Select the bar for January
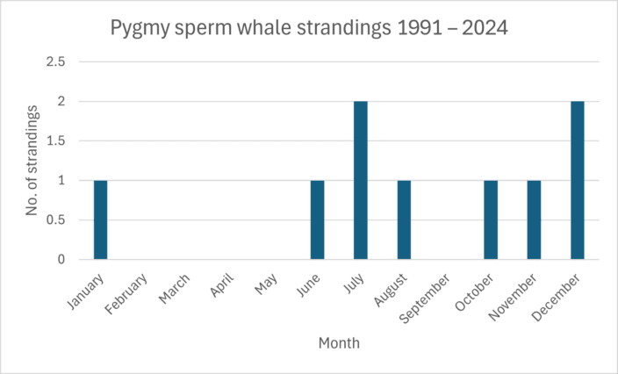click(x=100, y=219)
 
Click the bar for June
click(x=317, y=219)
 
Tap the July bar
click(x=361, y=180)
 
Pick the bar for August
click(x=404, y=219)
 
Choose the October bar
click(x=491, y=219)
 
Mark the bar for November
click(x=534, y=219)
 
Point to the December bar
click(x=577, y=180)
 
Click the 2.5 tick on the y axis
click(x=57, y=62)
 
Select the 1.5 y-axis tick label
click(x=57, y=141)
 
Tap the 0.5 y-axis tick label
click(x=57, y=220)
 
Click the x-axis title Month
click(x=339, y=343)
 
